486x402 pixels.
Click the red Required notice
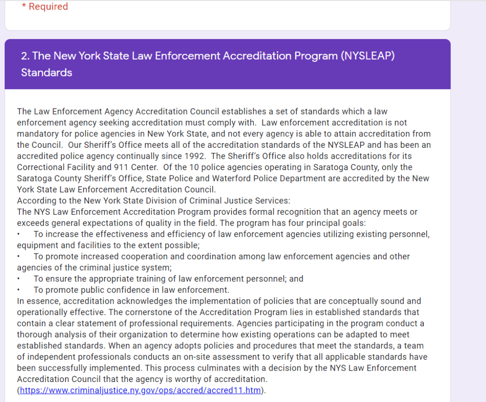pyautogui.click(x=45, y=7)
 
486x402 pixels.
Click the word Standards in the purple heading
pyautogui.click(x=47, y=73)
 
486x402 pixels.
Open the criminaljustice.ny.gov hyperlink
pyautogui.click(x=141, y=391)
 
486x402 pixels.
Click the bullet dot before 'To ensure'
pyautogui.click(x=18, y=279)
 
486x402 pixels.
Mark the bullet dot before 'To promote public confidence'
pyautogui.click(x=18, y=290)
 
